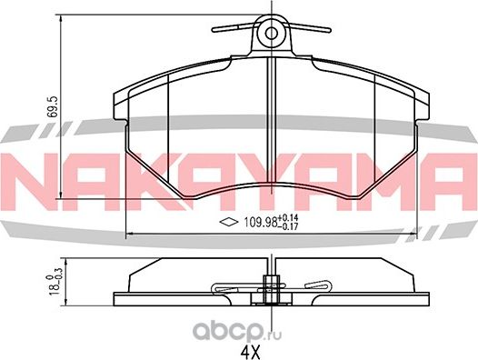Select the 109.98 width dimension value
[257, 223]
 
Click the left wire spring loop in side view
[227, 288]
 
